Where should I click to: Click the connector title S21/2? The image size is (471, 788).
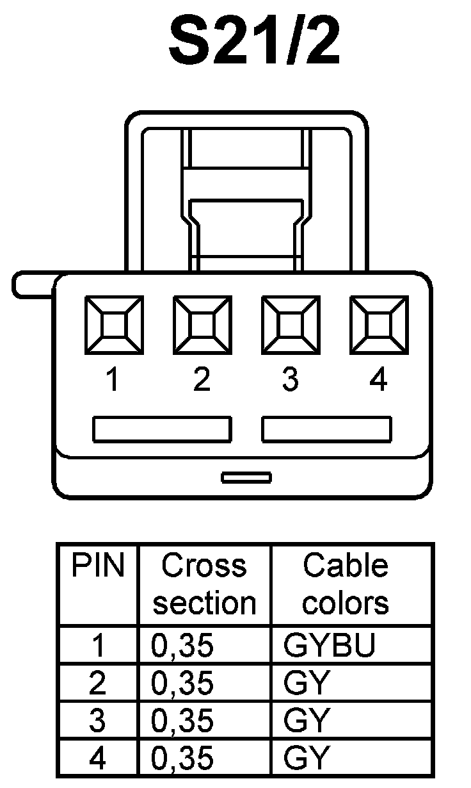click(x=254, y=43)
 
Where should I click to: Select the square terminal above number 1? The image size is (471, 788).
click(x=114, y=324)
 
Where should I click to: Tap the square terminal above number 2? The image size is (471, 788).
click(x=202, y=324)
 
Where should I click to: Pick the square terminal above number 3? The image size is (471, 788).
click(x=291, y=324)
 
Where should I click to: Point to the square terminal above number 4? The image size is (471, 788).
click(x=379, y=324)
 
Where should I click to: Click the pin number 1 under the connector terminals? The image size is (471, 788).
click(x=113, y=381)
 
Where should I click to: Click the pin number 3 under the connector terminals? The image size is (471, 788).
click(x=291, y=381)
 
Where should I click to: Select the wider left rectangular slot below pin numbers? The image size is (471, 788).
click(x=162, y=429)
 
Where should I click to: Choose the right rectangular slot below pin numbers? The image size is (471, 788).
click(x=326, y=429)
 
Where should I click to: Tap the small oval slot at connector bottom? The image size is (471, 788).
click(x=246, y=477)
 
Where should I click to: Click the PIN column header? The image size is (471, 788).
click(x=98, y=566)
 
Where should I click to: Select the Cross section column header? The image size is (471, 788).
click(x=204, y=584)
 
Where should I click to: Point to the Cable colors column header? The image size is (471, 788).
click(x=346, y=584)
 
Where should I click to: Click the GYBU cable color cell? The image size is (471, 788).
click(x=329, y=646)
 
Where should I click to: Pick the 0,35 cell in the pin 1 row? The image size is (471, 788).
click(x=182, y=646)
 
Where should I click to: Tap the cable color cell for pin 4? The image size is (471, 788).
click(x=307, y=759)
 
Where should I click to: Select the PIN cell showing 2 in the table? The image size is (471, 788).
click(x=98, y=684)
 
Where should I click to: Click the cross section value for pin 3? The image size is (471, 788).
click(x=182, y=721)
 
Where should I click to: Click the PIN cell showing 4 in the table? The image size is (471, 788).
click(x=98, y=759)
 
